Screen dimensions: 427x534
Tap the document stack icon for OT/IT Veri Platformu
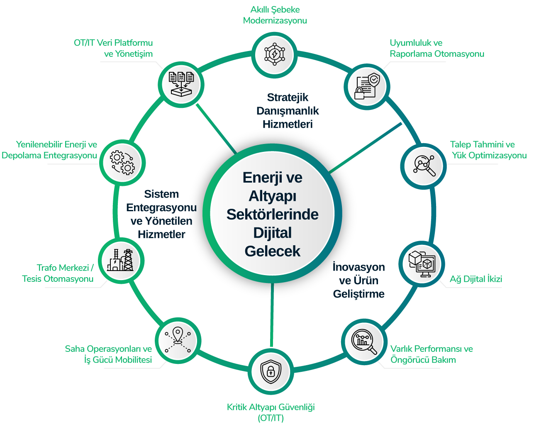pos(182,83)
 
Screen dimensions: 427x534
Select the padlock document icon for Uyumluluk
pos(366,86)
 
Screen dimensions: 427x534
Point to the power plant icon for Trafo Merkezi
pos(120,261)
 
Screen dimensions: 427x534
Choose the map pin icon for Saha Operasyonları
pos(177,340)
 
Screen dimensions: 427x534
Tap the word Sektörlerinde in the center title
pos(272,214)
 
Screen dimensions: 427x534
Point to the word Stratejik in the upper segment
pos(288,98)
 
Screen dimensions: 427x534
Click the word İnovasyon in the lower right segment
pos(358,267)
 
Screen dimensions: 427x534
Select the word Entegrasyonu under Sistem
pos(161,207)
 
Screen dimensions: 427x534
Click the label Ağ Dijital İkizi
pos(476,279)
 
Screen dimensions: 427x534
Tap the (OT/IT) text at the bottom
pos(271,418)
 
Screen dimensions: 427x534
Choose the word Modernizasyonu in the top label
pos(275,20)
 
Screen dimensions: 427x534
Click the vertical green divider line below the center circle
pos(272,315)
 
